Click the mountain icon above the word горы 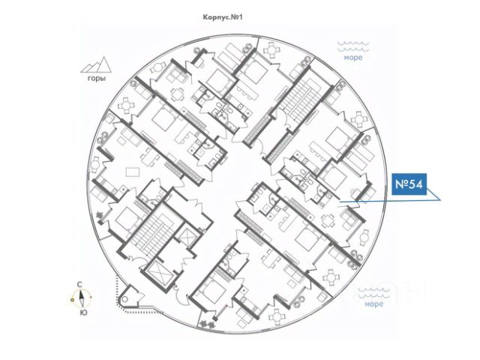[x=95, y=64]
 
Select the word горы [x=95, y=78]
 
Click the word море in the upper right [x=353, y=57]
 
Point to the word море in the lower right [x=373, y=304]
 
